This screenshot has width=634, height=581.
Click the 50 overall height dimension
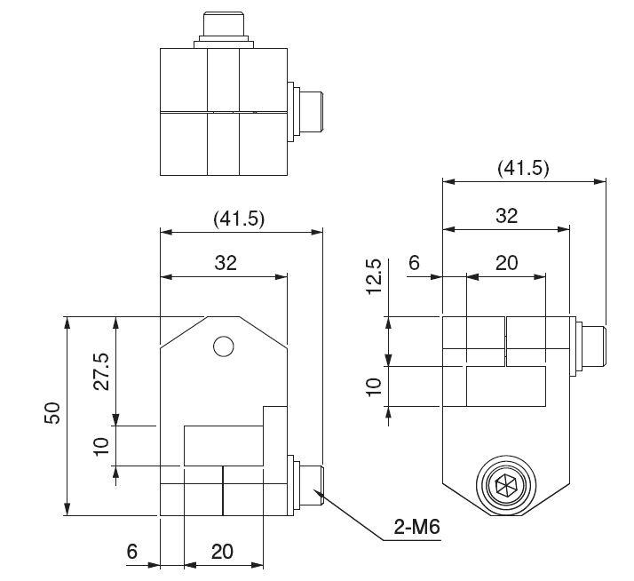pos(52,414)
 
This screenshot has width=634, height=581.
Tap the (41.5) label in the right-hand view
pos(524,169)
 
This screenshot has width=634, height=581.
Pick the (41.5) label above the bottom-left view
pos(240,218)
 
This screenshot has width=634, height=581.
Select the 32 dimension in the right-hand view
pos(506,216)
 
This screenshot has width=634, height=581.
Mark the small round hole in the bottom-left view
pos(224,346)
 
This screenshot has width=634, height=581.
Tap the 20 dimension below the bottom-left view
pos(222,551)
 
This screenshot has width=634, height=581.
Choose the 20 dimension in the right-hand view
pos(506,262)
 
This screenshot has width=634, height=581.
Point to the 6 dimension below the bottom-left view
pos(132,551)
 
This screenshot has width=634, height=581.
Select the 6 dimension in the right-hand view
pos(413,262)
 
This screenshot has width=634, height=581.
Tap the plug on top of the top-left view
pos(223,27)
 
